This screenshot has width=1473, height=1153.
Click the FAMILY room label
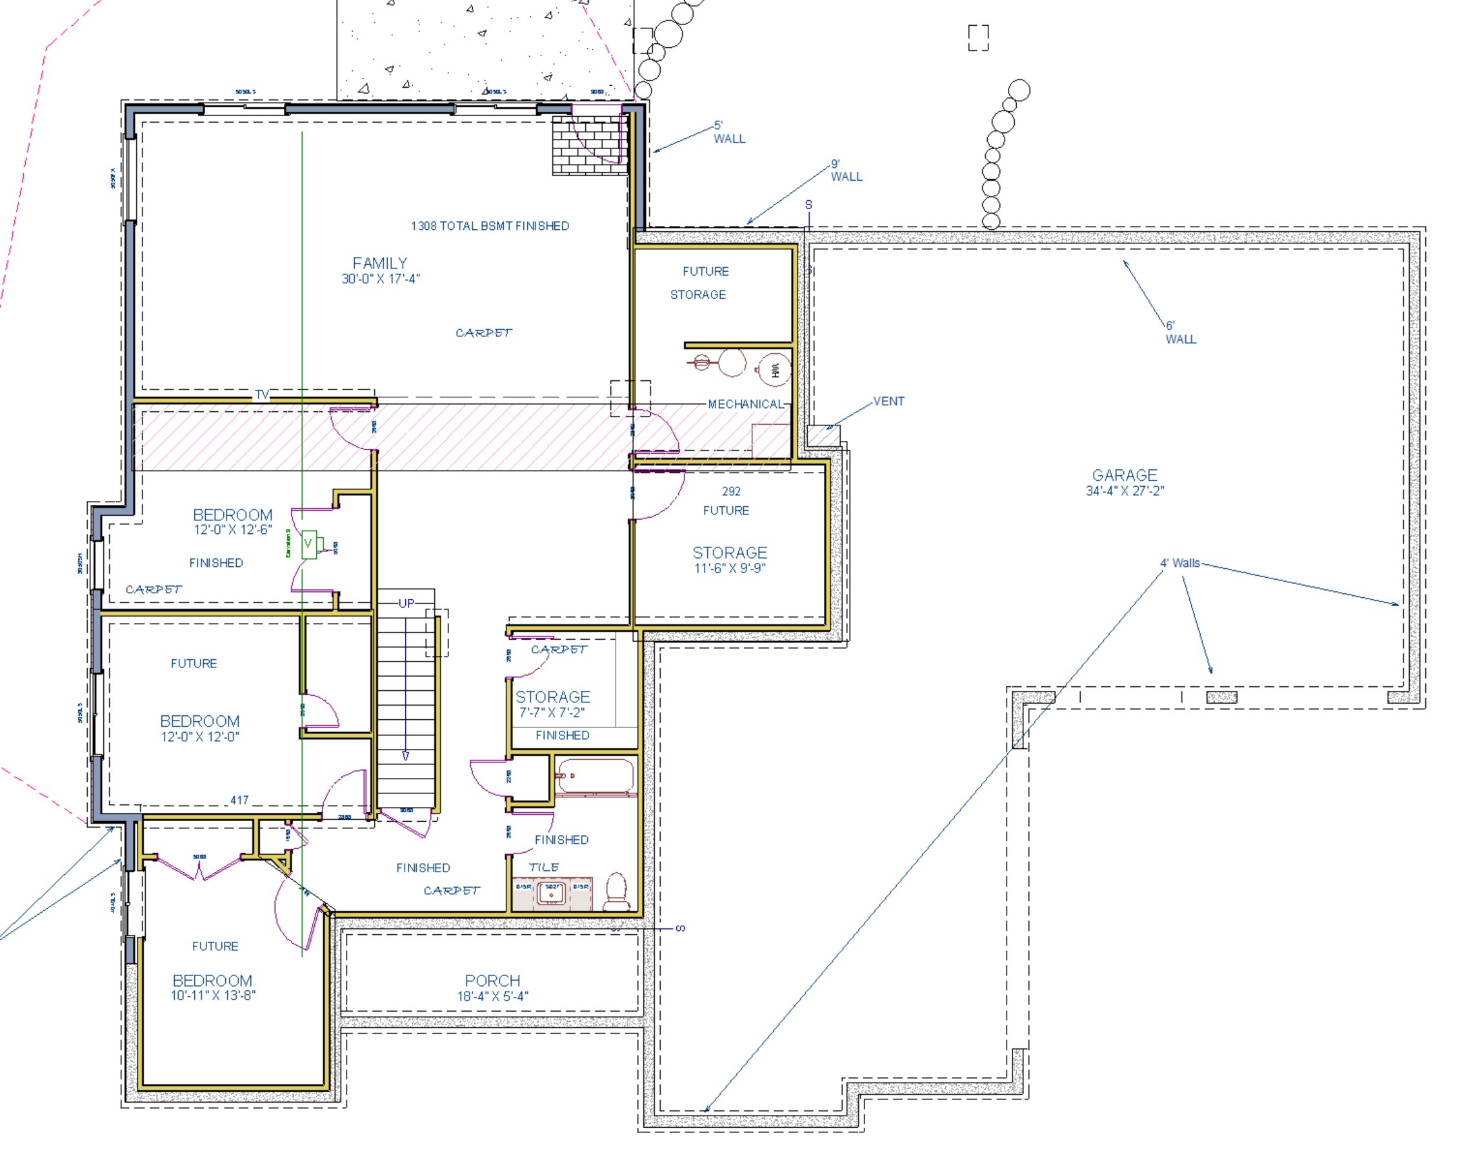380,263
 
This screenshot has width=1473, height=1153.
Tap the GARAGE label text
1124,475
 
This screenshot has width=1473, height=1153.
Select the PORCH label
492,980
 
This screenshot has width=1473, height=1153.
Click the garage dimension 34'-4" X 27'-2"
1124,491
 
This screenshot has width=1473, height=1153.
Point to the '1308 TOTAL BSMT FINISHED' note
490,226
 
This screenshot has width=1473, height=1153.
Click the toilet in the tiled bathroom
617,892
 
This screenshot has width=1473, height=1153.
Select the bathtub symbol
594,777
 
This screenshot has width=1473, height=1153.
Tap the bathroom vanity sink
551,893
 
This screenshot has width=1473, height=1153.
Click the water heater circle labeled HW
774,370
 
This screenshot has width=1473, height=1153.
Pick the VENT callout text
888,402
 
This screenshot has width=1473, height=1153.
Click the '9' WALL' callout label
845,171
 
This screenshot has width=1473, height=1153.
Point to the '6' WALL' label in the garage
1179,333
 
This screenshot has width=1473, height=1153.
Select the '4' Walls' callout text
1179,563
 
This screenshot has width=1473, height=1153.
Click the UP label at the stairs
406,604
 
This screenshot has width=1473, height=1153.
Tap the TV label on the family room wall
262,395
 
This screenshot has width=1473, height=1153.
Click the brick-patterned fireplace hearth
586,145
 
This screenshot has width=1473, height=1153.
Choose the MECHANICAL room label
745,404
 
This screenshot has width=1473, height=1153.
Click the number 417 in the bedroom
239,800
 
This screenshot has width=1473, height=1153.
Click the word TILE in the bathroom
544,867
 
